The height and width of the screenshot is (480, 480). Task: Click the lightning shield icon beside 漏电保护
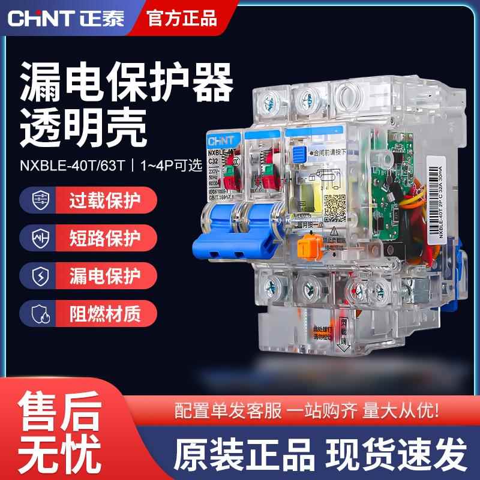tap(36, 276)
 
